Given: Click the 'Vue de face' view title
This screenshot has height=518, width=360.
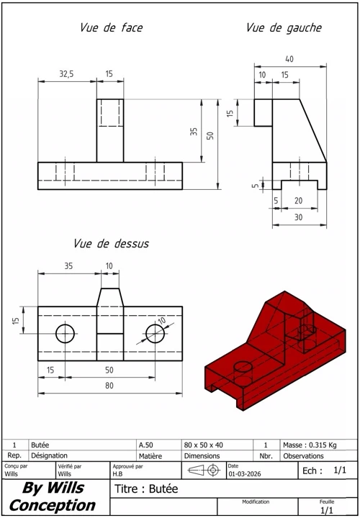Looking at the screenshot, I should point(111,28).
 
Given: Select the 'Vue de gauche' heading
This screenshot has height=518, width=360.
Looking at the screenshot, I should point(284,28).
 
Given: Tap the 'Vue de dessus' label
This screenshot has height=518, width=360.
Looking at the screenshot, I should point(111,244).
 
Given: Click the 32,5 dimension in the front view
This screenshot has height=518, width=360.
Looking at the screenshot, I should point(66,74).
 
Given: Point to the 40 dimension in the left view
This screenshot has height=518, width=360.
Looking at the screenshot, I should point(289,59).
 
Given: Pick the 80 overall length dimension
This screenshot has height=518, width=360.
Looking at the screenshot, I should point(109,386).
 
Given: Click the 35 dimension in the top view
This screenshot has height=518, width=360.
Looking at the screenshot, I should point(68,265).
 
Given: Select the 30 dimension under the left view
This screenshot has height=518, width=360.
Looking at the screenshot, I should point(299,217).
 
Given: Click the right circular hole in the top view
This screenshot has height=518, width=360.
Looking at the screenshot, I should point(155,333).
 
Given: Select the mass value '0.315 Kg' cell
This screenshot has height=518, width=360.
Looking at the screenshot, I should point(309,445).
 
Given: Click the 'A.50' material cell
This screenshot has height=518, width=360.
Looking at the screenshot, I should point(146,445).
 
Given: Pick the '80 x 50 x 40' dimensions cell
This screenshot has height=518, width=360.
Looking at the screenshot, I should point(204,445).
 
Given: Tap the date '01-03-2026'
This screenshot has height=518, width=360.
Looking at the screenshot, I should point(242,474).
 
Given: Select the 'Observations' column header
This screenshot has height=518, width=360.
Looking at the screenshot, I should point(303,455).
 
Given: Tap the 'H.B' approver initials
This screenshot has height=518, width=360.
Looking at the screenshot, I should point(117,474).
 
